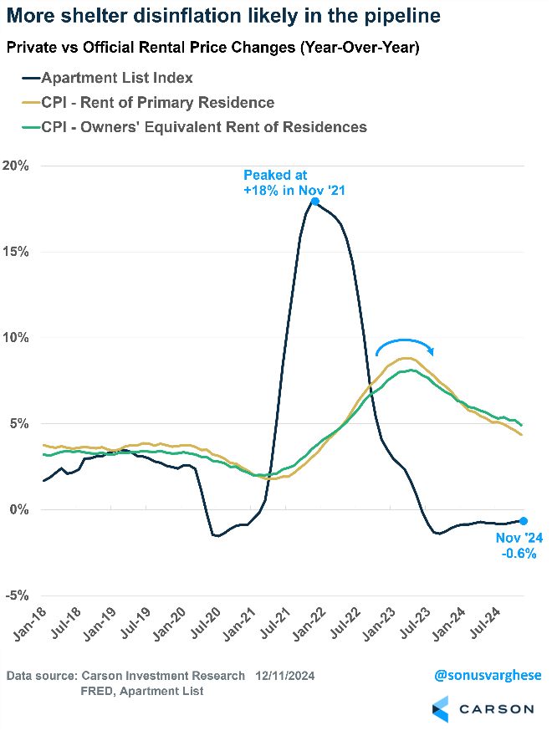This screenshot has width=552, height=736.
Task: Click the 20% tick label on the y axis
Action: click(x=16, y=166)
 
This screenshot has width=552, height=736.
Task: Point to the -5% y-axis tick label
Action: click(x=16, y=595)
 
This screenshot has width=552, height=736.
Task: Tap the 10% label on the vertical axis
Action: click(x=16, y=338)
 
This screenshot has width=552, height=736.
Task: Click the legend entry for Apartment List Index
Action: click(x=117, y=78)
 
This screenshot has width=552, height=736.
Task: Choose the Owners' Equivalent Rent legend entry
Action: click(x=192, y=127)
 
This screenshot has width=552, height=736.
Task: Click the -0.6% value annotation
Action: click(x=514, y=553)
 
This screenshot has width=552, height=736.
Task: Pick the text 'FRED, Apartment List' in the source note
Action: click(x=142, y=691)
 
